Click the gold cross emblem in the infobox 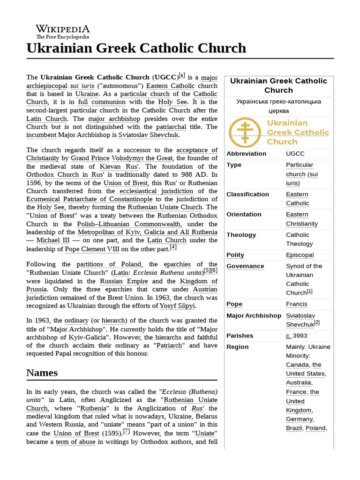(245, 132)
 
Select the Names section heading (42, 373)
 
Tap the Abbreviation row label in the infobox (246, 154)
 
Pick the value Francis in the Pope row (297, 304)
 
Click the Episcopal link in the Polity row (300, 255)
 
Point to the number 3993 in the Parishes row (300, 336)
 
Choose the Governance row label (245, 266)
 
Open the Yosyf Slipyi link (177, 306)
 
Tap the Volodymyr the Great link (142, 158)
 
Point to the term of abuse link (76, 442)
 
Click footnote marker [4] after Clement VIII (173, 247)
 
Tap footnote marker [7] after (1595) (126, 432)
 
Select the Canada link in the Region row (297, 365)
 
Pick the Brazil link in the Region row (294, 428)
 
